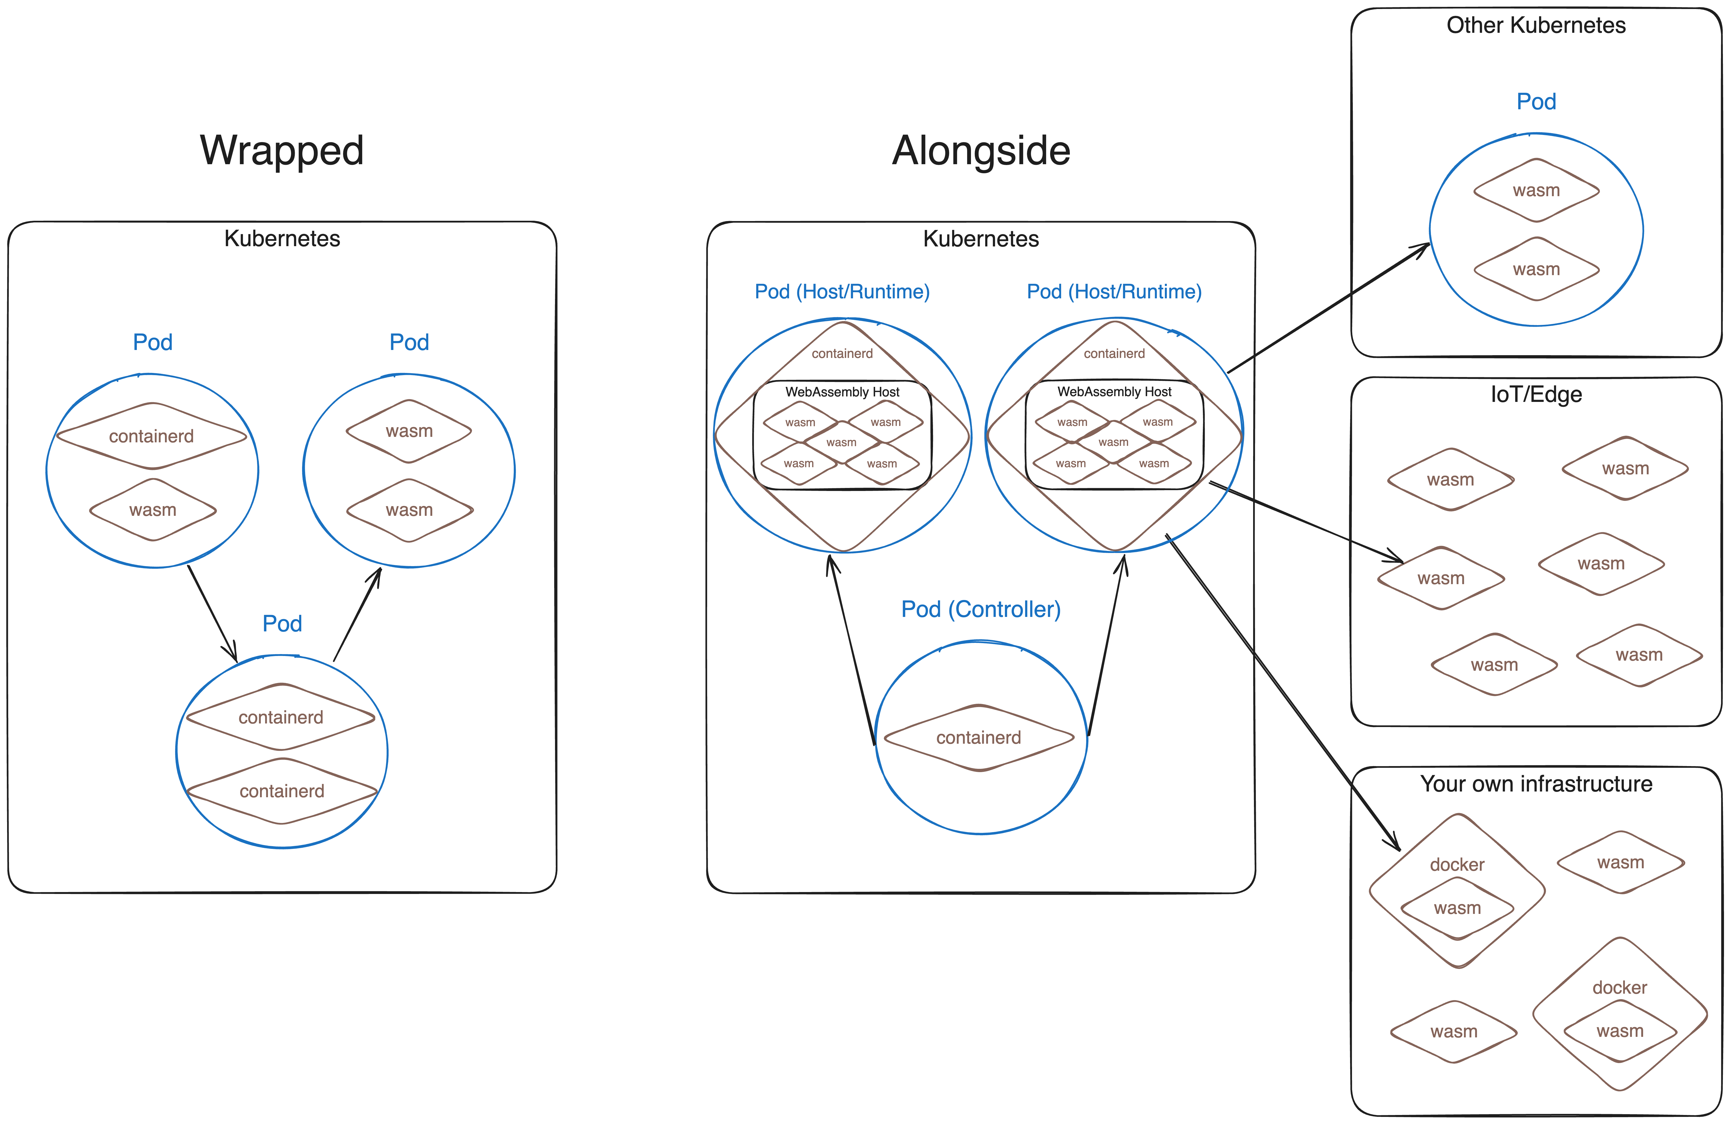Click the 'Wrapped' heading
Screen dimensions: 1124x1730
[282, 151]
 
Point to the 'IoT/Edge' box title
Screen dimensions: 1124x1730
[1536, 394]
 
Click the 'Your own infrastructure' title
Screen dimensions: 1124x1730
[1536, 784]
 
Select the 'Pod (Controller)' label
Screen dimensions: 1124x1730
[981, 609]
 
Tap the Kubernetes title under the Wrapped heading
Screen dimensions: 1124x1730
[282, 239]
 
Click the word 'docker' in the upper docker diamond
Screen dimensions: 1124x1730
[1457, 864]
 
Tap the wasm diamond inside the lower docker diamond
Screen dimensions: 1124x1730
[1619, 1031]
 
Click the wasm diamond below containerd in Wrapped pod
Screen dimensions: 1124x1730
[153, 510]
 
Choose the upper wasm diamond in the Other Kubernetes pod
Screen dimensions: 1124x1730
[1536, 190]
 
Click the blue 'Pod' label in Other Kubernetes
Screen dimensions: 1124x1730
[1536, 102]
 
